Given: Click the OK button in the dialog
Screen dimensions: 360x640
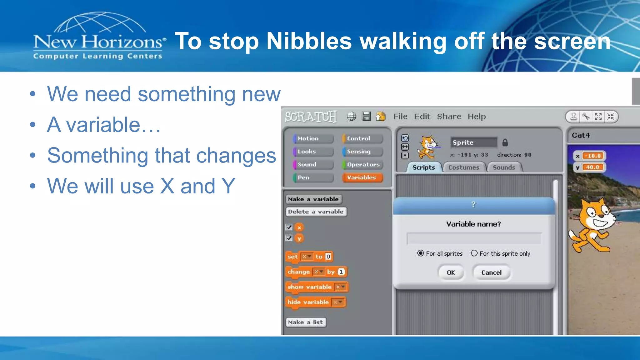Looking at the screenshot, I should tap(451, 272).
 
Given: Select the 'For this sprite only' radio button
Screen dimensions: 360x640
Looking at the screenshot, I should tap(474, 253).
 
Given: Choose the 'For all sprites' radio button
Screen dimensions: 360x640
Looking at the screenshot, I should tap(421, 253).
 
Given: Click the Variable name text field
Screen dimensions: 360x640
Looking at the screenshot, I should tap(474, 238).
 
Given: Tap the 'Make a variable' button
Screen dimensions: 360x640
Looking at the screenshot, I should tap(313, 199).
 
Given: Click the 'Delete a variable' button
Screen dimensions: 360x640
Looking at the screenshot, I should tap(316, 212).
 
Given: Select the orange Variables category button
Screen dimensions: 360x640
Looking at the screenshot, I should tap(362, 177).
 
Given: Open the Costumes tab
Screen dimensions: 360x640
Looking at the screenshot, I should tap(464, 167).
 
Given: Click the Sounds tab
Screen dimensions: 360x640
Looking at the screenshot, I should tap(504, 167).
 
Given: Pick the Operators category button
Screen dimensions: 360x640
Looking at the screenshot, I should tap(362, 164).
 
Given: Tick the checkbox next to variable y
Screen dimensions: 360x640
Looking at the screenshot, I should tap(289, 238).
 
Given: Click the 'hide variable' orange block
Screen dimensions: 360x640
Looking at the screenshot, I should tap(308, 302).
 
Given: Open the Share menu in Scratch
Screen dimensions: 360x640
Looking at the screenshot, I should tap(449, 117).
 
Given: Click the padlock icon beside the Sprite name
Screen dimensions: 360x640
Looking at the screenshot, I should tap(505, 142).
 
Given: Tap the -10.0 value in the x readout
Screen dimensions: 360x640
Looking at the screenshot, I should tap(593, 156).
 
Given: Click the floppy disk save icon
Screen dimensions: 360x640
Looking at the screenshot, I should tap(366, 116).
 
